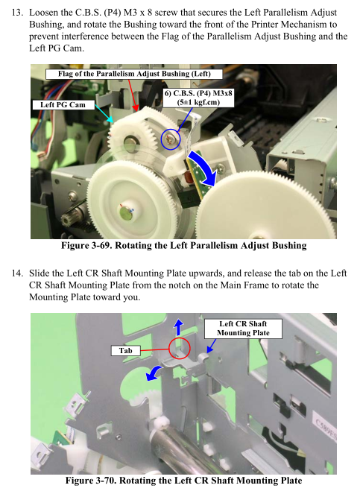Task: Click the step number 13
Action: [17, 13]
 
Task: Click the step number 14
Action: [17, 273]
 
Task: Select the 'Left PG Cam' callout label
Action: [63, 105]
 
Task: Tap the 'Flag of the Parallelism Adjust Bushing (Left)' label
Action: [134, 74]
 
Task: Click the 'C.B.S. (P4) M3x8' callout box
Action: [198, 98]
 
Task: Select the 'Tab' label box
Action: [125, 351]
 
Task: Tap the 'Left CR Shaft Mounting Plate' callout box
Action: [243, 329]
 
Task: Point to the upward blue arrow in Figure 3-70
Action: [178, 327]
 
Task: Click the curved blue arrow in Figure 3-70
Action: [154, 373]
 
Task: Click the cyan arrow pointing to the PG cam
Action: [104, 113]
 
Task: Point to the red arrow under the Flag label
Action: [133, 95]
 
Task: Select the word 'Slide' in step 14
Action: [40, 273]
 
